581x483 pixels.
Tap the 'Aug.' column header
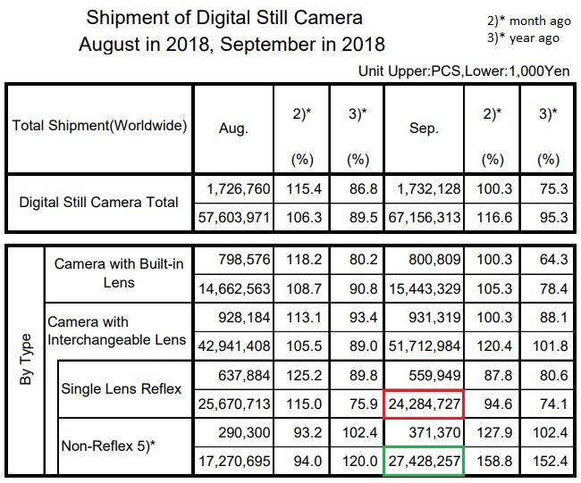(x=234, y=128)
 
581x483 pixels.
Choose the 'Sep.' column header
(x=424, y=128)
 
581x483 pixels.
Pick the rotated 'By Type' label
(x=26, y=359)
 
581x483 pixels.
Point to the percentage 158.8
(x=492, y=462)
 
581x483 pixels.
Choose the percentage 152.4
(x=549, y=462)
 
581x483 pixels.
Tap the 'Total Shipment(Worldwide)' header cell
(x=99, y=126)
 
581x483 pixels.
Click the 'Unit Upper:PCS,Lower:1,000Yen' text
(x=463, y=70)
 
